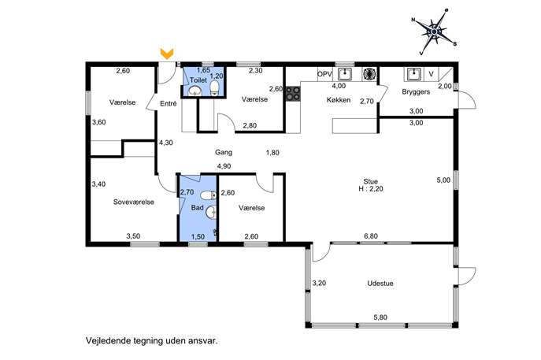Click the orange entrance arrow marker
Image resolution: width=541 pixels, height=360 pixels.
coord(167,54)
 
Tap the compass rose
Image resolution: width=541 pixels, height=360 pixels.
coord(434,32)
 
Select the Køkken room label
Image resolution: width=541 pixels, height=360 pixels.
coord(339,100)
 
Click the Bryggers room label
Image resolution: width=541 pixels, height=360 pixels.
coord(416,92)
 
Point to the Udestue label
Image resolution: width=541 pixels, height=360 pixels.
coord(380,284)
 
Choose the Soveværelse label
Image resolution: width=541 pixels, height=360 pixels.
coord(134,202)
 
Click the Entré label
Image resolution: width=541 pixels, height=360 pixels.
coord(169,103)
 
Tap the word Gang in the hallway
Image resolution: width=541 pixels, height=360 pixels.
coord(224,152)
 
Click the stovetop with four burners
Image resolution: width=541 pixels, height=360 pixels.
coord(293,94)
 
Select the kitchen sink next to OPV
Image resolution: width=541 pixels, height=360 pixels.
coord(345,74)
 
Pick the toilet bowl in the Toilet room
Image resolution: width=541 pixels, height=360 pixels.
coord(215,88)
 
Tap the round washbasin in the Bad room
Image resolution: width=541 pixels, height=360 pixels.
coord(211,212)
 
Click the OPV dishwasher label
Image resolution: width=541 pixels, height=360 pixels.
coord(324,74)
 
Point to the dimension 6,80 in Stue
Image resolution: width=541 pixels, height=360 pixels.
coord(371,236)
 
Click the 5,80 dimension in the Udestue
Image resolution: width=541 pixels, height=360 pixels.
coord(380,317)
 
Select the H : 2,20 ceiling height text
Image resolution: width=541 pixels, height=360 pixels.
coord(371,189)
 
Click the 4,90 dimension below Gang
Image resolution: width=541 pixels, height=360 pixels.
coord(224,166)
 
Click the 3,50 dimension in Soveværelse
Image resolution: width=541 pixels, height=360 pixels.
coord(133,236)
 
